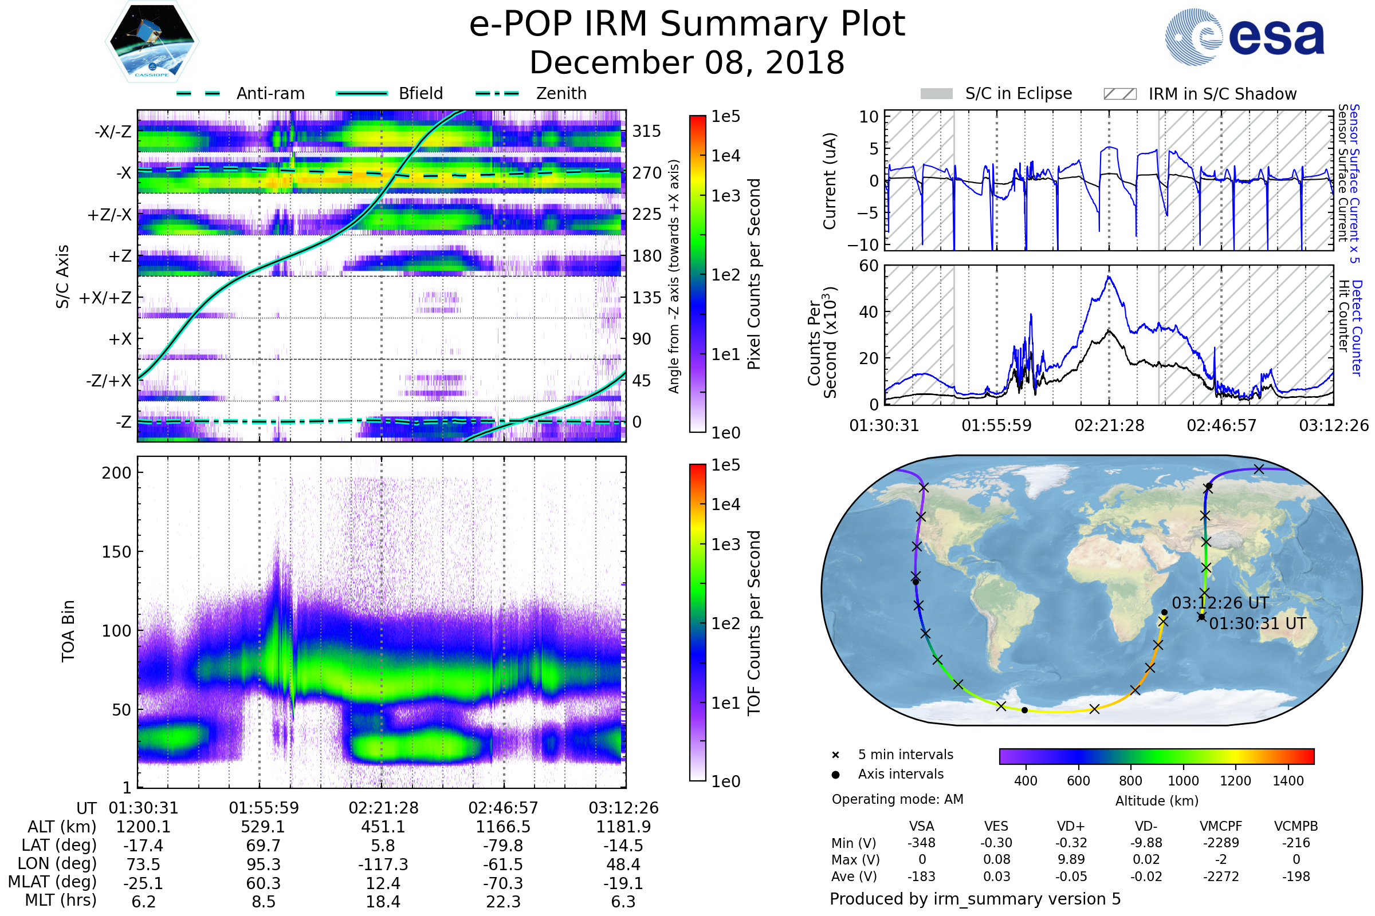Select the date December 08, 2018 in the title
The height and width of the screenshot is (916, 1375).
(687, 63)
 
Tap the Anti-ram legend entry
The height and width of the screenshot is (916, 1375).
(270, 93)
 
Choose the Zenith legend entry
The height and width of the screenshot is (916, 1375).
(561, 93)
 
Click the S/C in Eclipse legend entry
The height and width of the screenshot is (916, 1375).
(1018, 93)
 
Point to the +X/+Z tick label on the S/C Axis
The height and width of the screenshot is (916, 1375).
(105, 298)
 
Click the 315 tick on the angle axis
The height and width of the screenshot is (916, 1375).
(646, 131)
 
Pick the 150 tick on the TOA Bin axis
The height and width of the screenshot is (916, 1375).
(116, 551)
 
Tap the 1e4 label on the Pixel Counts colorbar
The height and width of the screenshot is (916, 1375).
(725, 156)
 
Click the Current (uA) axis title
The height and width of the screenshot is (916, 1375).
(830, 181)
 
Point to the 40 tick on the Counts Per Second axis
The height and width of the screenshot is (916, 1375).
(869, 312)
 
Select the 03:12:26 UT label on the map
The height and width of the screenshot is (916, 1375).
(1220, 603)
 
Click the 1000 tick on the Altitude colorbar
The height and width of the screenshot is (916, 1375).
(1182, 781)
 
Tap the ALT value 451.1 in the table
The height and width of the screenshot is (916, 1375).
(383, 827)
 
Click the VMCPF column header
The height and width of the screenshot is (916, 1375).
(1221, 826)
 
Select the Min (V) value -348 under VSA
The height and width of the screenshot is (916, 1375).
(921, 843)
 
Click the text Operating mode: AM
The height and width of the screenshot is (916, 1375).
(897, 799)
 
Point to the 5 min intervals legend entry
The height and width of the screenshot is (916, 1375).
(905, 755)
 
